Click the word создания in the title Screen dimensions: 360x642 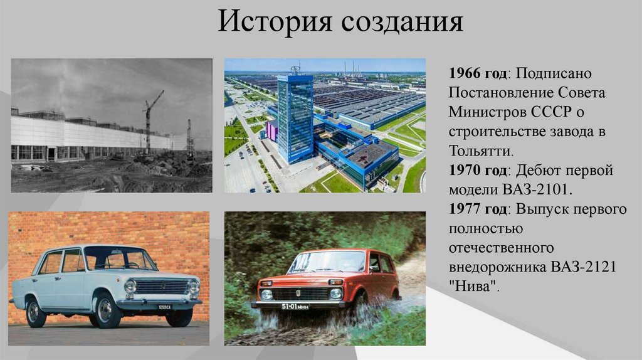point(402,23)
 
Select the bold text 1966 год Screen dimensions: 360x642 point(478,73)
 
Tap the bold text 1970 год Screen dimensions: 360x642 point(478,171)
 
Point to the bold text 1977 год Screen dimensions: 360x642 point(478,209)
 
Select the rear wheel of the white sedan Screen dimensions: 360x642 point(36,312)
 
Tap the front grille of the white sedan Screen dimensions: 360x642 point(162,287)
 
